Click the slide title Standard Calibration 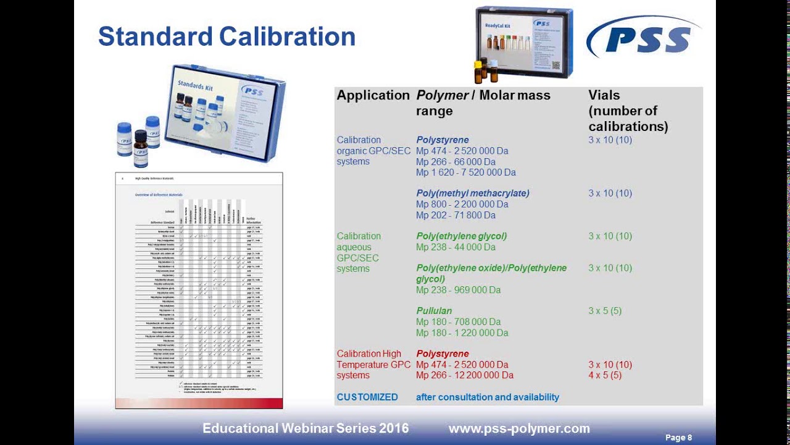pos(227,36)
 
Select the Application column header pos(373,95)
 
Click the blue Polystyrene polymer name pos(443,140)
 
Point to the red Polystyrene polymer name pos(443,354)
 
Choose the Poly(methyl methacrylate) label pos(473,193)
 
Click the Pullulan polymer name pos(434,310)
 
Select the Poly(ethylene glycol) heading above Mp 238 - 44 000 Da pos(462,235)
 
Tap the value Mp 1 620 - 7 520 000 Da pos(466,172)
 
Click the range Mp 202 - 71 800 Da pos(455,215)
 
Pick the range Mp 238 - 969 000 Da pos(458,290)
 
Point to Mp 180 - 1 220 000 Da pos(462,333)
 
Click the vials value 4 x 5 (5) pos(605,375)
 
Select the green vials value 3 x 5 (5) pos(605,310)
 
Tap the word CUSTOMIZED pos(367,397)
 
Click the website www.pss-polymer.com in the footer pos(519,428)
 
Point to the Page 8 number pos(678,438)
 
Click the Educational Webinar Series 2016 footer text pos(306,428)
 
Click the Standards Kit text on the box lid pos(195,83)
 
